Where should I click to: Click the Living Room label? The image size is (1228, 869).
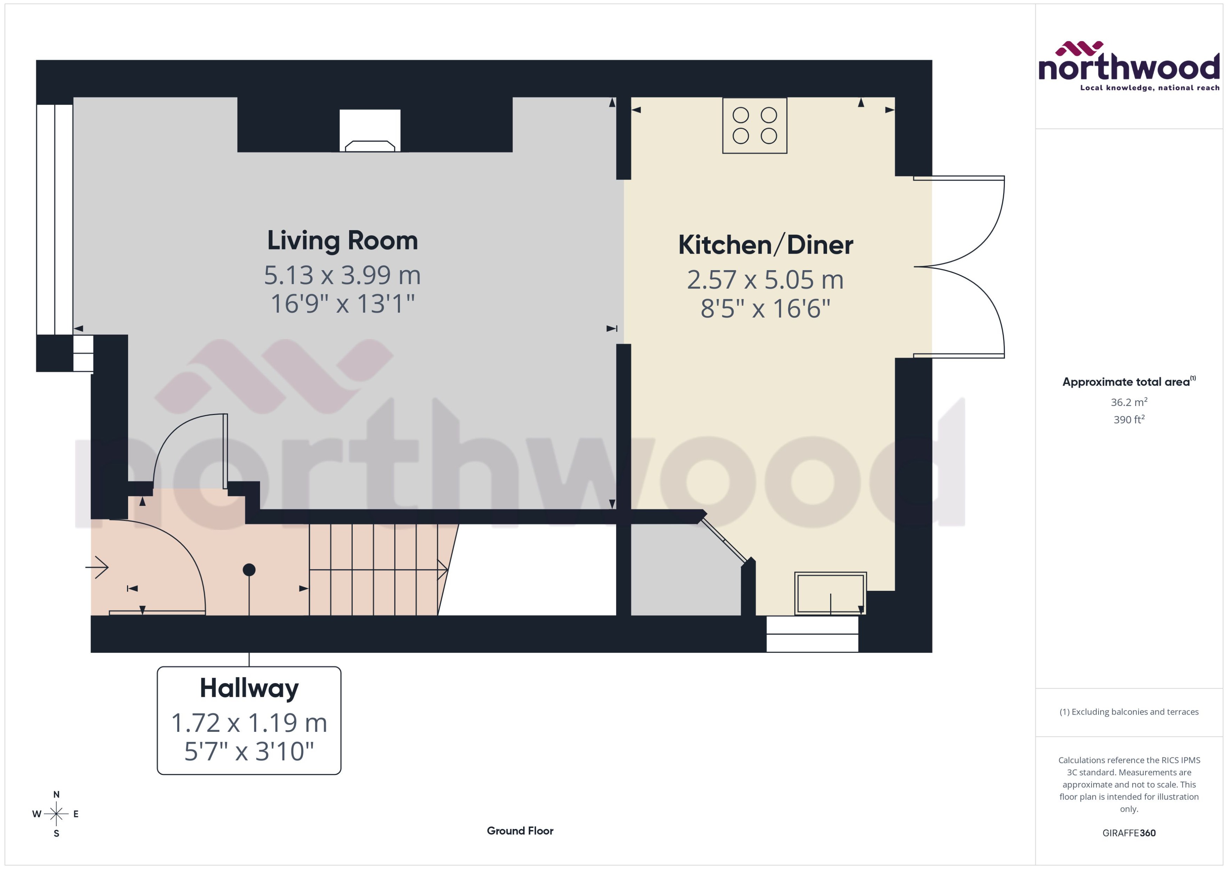click(x=342, y=241)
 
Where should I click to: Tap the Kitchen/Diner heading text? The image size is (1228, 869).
click(x=765, y=245)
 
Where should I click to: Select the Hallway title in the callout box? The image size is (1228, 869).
click(x=249, y=688)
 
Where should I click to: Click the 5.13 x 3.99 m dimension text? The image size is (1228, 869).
click(x=342, y=275)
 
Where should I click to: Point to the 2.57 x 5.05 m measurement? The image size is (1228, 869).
click(x=765, y=280)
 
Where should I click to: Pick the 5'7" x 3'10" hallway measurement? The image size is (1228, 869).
click(x=249, y=751)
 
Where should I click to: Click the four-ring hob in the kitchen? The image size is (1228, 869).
click(x=754, y=126)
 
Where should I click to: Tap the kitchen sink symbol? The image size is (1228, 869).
click(x=830, y=593)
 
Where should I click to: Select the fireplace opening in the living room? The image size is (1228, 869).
click(x=370, y=130)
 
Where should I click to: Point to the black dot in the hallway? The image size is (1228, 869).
click(x=249, y=570)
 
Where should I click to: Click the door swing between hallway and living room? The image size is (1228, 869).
click(x=190, y=449)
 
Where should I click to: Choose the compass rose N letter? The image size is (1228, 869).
click(x=56, y=795)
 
